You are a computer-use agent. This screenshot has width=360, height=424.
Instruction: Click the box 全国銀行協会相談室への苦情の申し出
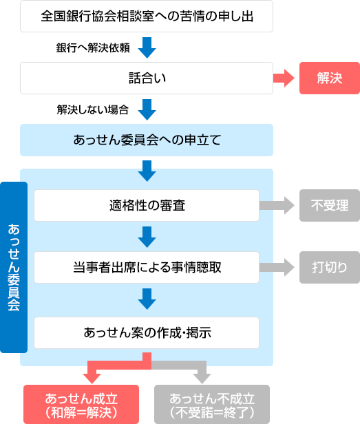pos(147,17)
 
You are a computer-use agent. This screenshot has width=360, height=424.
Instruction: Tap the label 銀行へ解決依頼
pos(92,48)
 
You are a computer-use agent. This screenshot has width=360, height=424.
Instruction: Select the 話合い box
pos(147,78)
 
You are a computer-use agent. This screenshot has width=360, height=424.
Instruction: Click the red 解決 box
pos(329,78)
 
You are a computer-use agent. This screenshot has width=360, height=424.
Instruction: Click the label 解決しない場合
pos(92,109)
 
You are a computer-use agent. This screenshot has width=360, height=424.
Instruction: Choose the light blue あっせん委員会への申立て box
pos(147,140)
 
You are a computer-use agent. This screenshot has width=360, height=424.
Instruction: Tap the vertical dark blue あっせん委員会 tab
pos(14,267)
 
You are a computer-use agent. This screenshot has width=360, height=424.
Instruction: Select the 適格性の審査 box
pos(147,205)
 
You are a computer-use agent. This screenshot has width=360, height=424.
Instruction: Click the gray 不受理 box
pos(329,205)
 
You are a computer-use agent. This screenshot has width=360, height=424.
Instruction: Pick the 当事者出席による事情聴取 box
pos(147,267)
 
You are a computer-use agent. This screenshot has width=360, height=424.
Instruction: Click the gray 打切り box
pos(329,267)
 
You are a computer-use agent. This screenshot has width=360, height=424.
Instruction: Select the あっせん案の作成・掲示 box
pos(147,332)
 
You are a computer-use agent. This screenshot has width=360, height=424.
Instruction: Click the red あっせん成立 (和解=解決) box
pos(81,404)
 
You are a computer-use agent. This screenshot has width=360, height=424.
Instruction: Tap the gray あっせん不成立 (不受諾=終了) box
pos(212,404)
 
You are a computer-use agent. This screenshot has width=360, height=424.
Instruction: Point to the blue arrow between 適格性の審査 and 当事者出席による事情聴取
pos(147,236)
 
